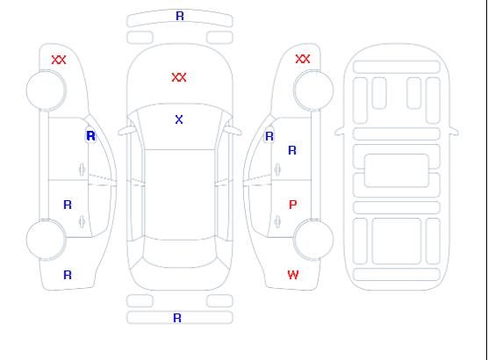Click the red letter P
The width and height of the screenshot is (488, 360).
293,205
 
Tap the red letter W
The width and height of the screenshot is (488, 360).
293,275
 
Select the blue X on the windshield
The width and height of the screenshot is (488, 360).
179,119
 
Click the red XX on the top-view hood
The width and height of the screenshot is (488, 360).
179,77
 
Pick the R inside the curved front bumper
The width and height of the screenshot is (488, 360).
180,16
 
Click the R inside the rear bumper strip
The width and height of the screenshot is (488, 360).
177,318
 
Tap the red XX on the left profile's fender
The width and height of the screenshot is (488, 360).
59,60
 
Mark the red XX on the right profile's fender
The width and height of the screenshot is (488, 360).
303,59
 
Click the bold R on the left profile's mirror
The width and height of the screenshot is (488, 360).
91,136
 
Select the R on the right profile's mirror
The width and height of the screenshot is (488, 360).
269,136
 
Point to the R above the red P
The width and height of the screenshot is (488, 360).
292,150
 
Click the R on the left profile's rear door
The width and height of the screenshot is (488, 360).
68,205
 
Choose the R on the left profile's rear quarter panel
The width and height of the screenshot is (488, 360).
68,275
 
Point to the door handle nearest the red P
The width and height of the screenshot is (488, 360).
277,221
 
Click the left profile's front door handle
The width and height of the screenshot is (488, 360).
82,169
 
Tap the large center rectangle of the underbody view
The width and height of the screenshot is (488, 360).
397,170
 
